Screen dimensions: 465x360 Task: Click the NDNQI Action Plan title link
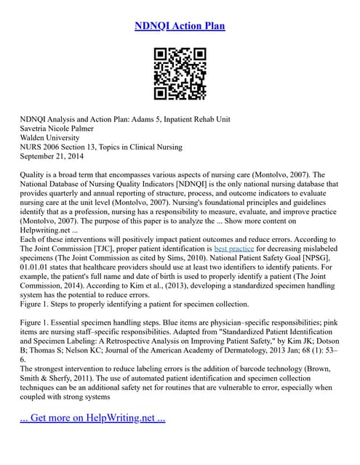click(180, 26)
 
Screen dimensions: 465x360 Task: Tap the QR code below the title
click(180, 74)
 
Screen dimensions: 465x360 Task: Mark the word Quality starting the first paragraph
click(35, 175)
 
